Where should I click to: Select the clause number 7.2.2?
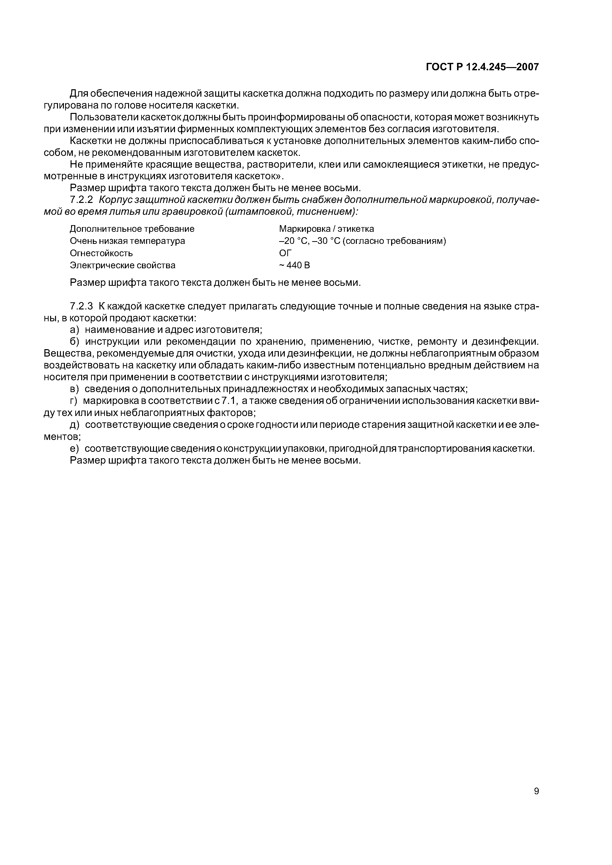81,200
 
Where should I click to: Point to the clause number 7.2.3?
81,306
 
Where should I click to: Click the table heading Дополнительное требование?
132,229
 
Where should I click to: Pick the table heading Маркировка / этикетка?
326,229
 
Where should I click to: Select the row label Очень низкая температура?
127,241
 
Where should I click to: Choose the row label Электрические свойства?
123,265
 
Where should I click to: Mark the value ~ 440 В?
294,265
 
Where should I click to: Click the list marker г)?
74,401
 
